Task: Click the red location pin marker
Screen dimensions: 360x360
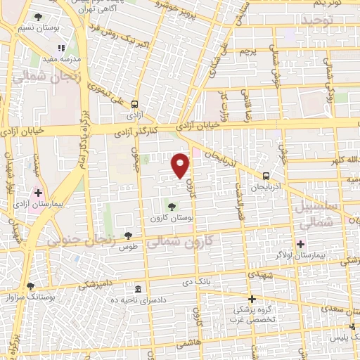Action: tap(181, 165)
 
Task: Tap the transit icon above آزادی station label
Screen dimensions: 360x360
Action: tap(134, 103)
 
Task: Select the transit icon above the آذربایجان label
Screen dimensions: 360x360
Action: tap(266, 176)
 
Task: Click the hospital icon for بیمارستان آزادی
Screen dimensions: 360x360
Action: tap(38, 192)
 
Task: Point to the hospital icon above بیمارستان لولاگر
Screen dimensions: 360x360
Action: tap(300, 244)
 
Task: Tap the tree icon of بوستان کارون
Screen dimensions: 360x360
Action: tap(171, 206)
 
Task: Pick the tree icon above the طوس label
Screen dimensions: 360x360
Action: tap(127, 236)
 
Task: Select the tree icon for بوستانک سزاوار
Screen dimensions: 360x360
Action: tap(30, 286)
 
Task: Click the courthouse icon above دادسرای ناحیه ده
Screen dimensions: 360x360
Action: tap(137, 289)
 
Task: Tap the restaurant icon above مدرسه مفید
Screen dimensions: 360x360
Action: tap(61, 48)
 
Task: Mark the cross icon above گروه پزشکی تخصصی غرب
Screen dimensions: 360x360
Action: tap(252, 299)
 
